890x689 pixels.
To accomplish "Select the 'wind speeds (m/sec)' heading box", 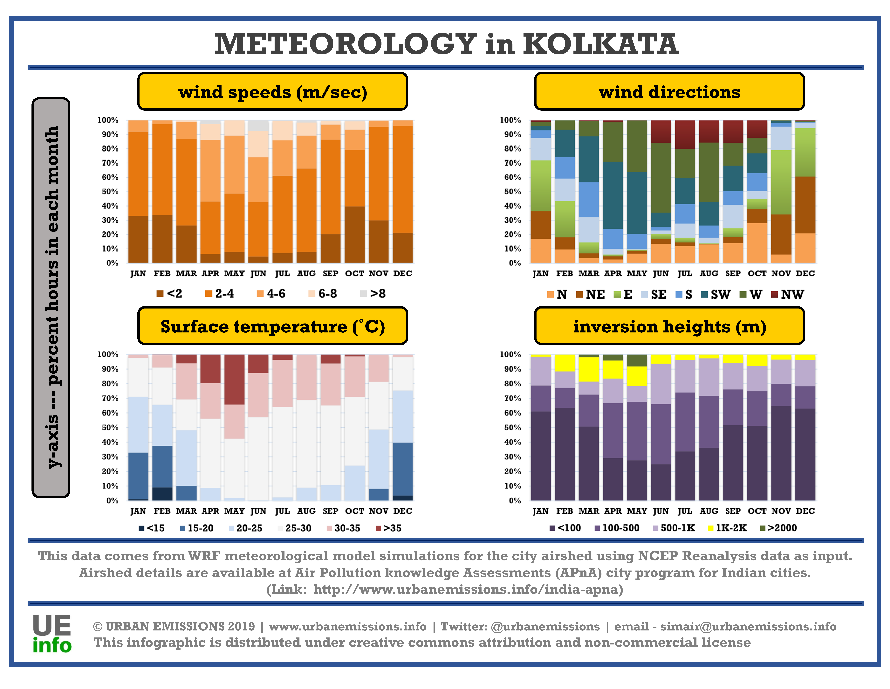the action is (273, 91).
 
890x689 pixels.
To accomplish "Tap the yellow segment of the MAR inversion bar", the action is (589, 369).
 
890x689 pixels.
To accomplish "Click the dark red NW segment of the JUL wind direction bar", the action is (685, 135).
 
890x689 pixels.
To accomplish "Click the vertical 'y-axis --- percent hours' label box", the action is (51, 298).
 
